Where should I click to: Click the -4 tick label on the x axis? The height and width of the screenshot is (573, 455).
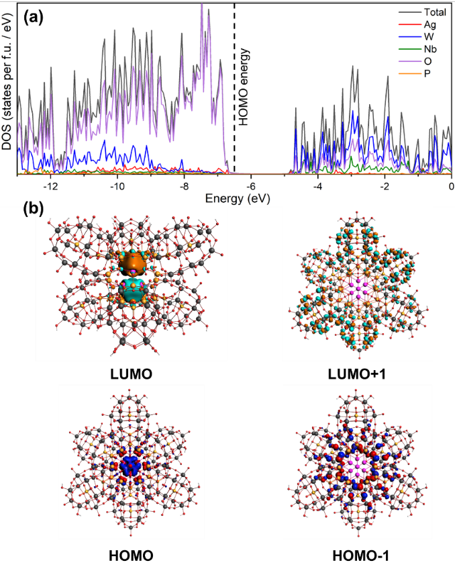coord(317,185)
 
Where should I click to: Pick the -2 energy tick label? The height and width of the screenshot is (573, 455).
coord(385,185)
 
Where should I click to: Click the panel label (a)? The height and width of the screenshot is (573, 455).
coord(33,17)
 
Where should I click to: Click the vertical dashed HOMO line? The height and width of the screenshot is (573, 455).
coord(234,134)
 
